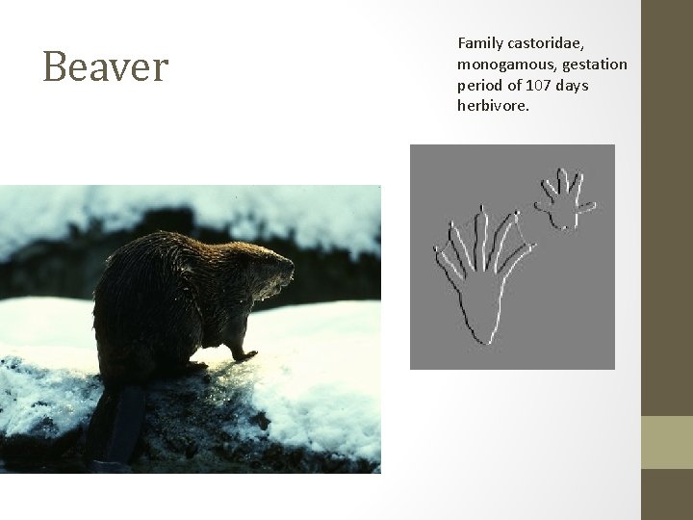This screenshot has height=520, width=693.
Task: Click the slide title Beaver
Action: point(106,67)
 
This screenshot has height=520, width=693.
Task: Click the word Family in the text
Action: point(480,43)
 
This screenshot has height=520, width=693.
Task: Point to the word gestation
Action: point(593,65)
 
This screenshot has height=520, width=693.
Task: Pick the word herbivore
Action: point(493,106)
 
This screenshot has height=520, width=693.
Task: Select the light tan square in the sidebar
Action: point(666,442)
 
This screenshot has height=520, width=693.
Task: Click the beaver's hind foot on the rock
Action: point(192,367)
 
